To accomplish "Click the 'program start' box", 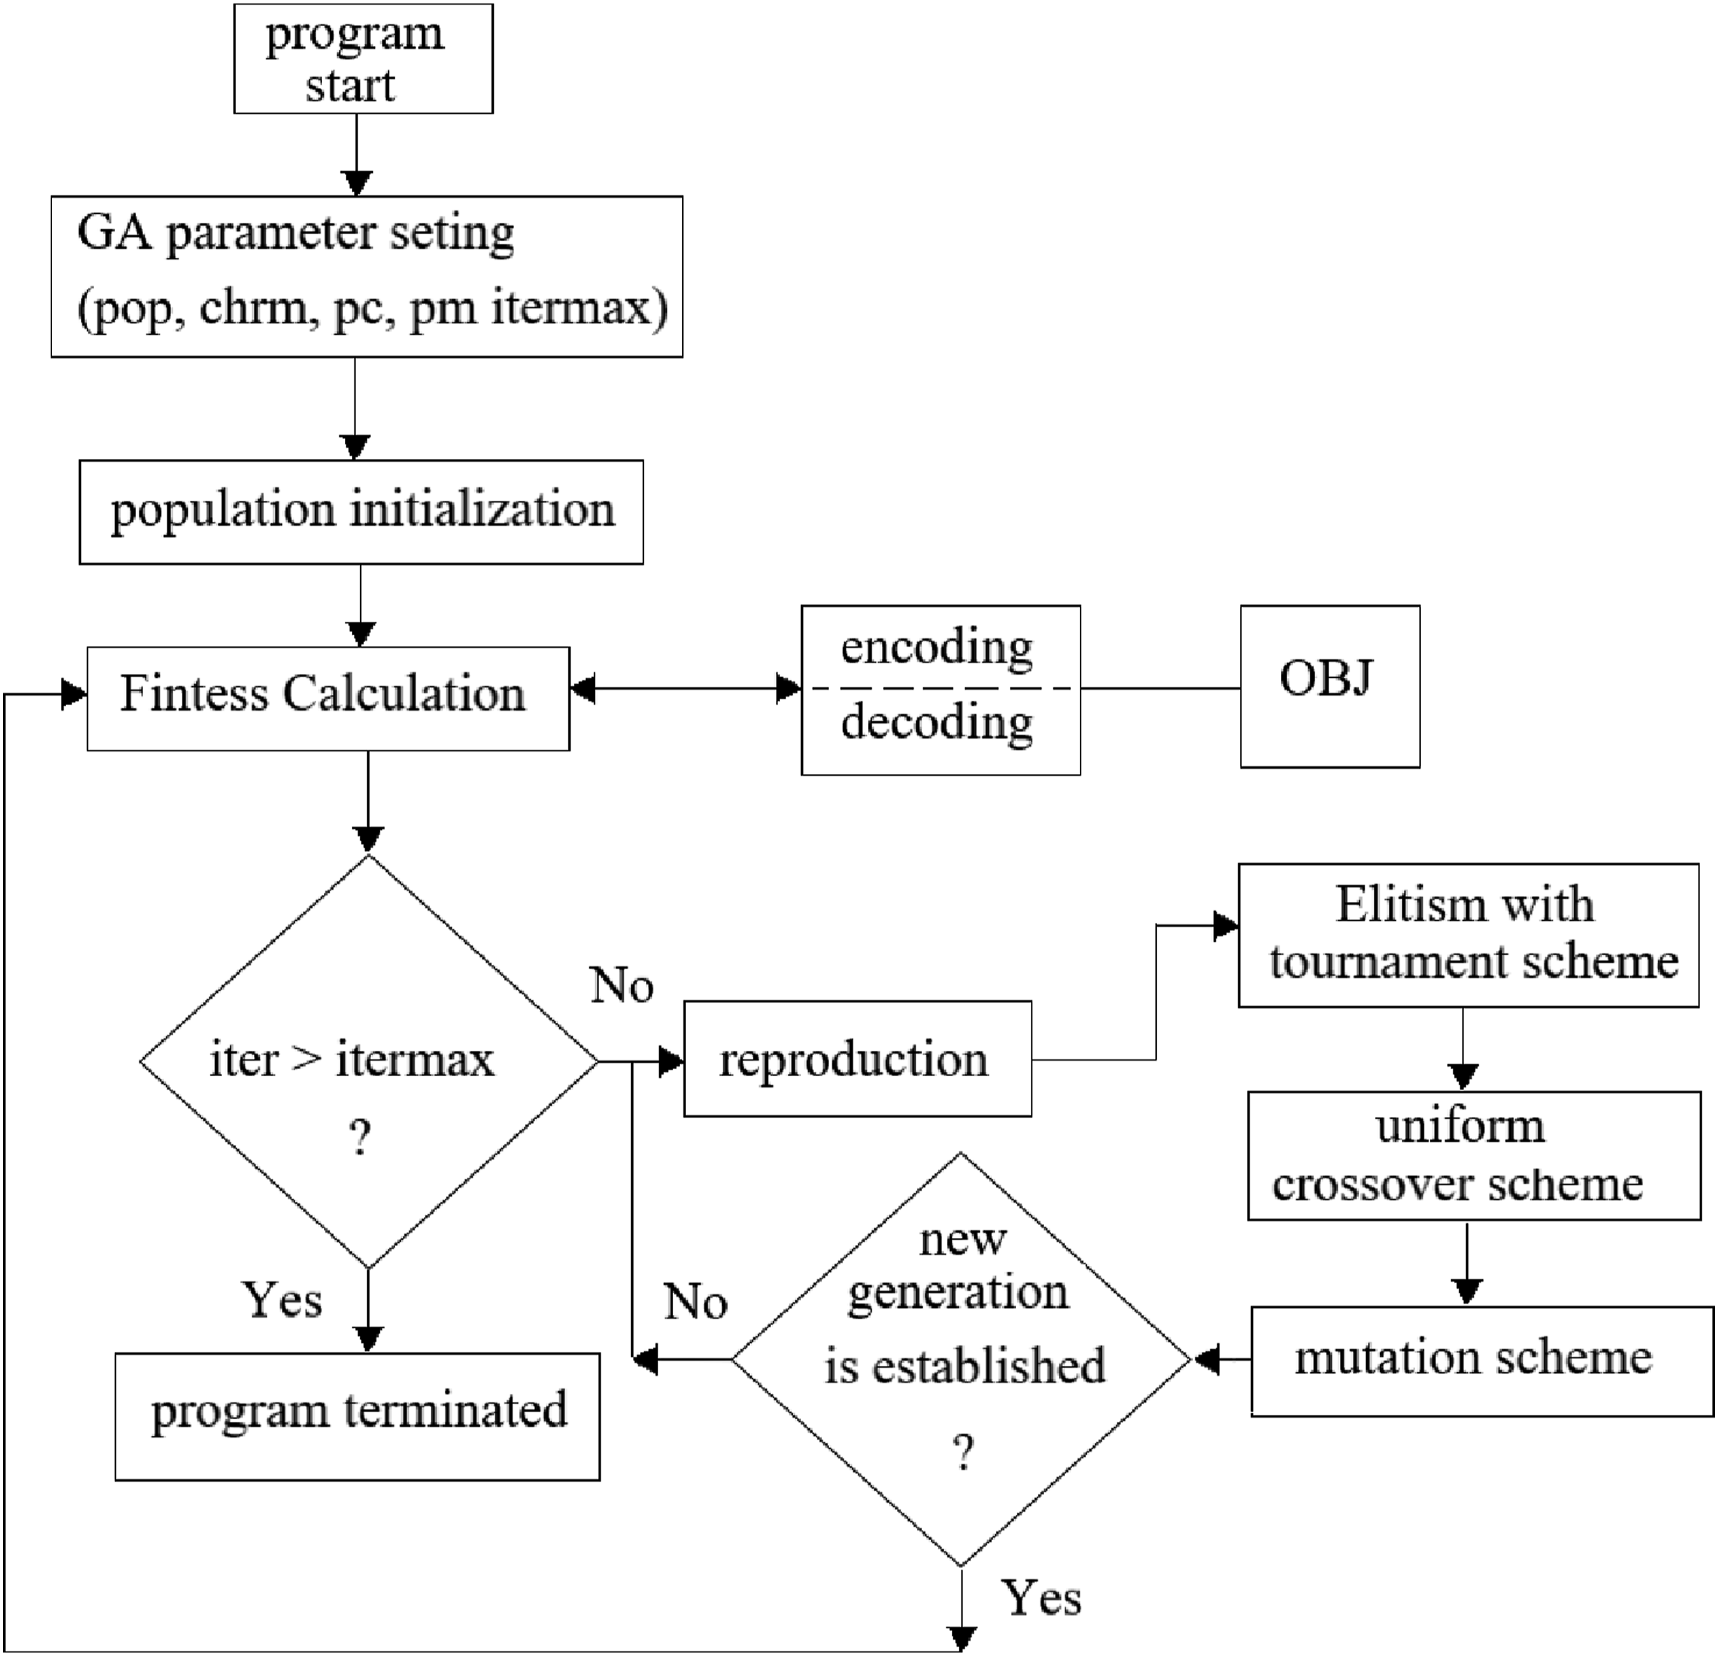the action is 363,59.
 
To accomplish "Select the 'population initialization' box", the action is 361,512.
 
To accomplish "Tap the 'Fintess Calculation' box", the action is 328,699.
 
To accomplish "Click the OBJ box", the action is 1330,687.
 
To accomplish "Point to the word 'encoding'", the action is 937,648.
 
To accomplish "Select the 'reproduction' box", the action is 857,1058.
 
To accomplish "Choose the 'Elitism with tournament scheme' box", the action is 1468,936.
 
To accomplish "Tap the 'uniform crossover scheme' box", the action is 1474,1155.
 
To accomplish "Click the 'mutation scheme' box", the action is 1481,1361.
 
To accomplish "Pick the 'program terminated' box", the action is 358,1417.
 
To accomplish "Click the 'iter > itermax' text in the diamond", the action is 351,1059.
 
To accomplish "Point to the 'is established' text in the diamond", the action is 964,1366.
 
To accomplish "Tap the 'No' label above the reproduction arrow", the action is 622,985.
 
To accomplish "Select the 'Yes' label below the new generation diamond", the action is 1042,1597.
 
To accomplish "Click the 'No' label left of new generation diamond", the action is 695,1302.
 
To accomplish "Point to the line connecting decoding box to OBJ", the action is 1161,688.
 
